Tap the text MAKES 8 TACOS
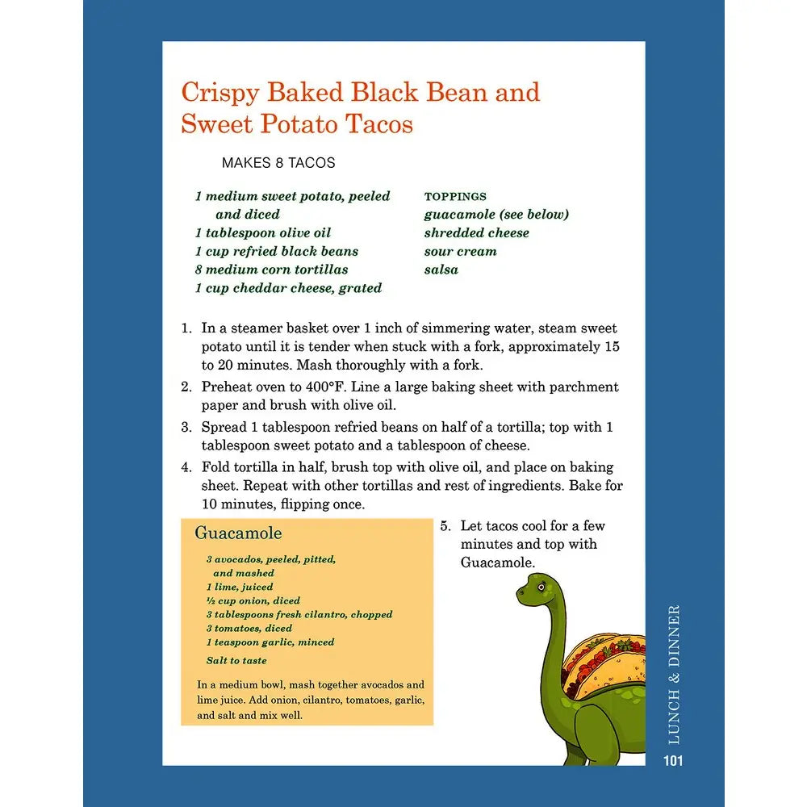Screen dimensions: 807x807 point(278,163)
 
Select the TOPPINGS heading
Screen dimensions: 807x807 point(455,196)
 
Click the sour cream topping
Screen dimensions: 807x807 point(460,251)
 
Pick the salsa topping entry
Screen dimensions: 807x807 point(441,270)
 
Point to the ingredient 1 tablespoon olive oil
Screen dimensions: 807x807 point(263,232)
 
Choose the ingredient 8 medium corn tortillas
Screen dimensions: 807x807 point(271,270)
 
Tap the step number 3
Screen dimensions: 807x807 point(185,427)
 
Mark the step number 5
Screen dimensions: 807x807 point(445,526)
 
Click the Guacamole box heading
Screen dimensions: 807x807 point(238,533)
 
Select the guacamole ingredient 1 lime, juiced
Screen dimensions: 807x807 point(240,587)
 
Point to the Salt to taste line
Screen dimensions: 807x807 point(236,660)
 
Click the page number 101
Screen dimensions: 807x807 point(673,760)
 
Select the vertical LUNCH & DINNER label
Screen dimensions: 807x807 point(674,674)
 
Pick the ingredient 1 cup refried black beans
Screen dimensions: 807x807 point(276,251)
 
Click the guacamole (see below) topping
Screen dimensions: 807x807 point(496,215)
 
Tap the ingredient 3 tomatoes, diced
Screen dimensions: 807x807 point(249,628)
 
